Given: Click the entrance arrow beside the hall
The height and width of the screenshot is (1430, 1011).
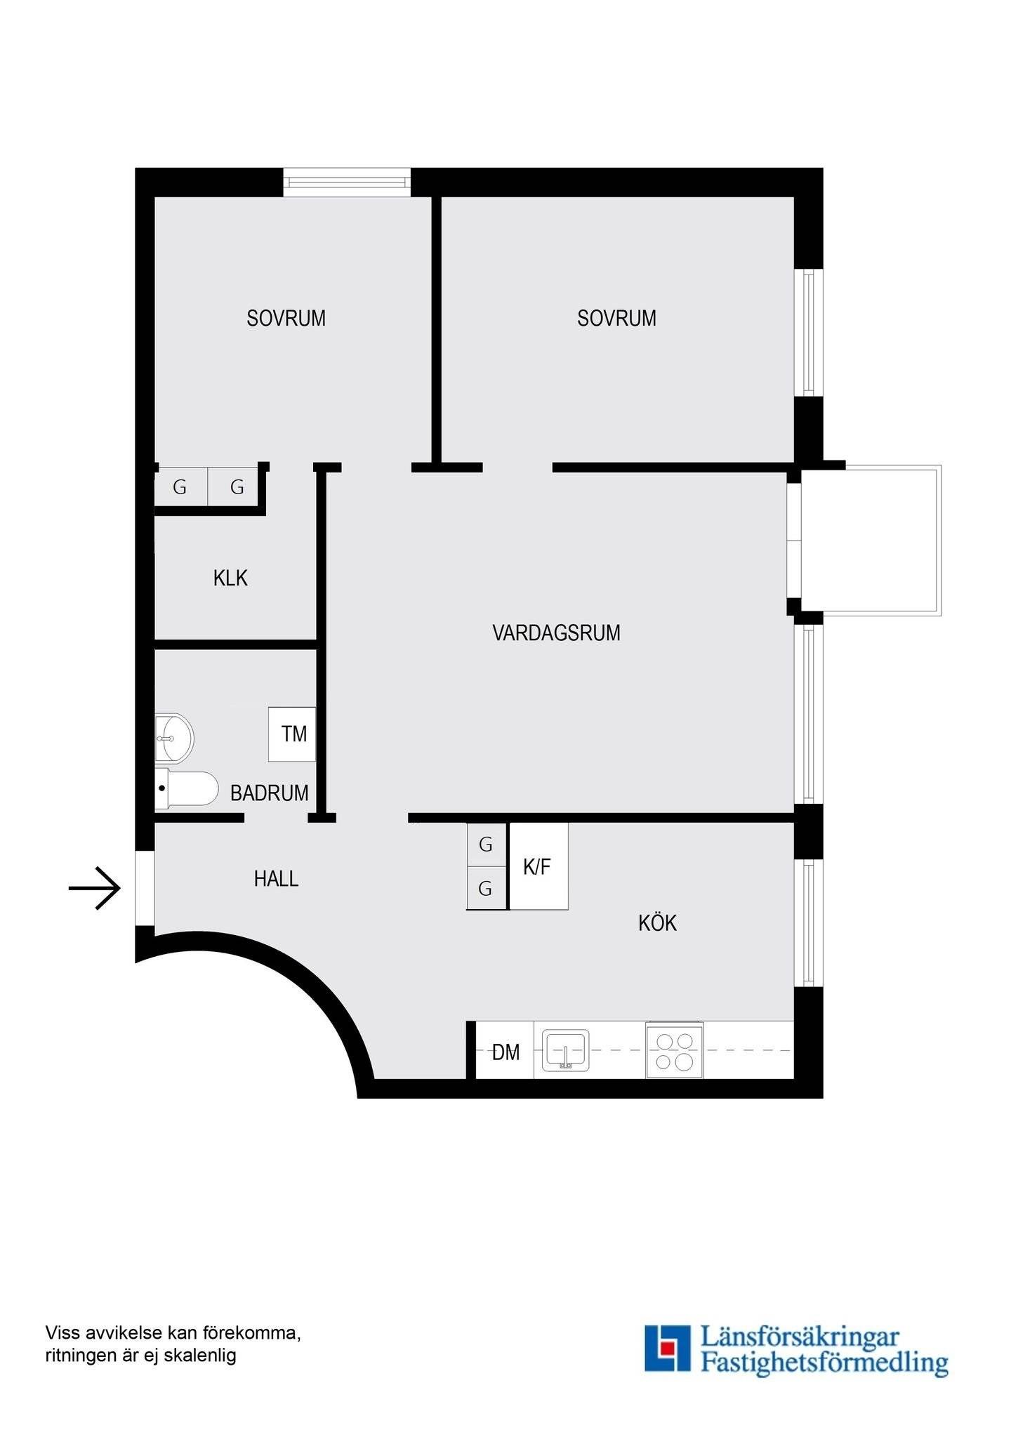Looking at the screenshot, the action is coord(95,888).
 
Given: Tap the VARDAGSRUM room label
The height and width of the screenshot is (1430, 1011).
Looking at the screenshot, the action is coord(556,633).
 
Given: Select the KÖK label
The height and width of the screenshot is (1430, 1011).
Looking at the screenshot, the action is coord(657,922).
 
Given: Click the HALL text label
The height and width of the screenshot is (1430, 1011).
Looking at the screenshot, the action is coord(276,878).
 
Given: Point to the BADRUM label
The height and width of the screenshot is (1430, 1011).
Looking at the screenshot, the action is coord(270,793).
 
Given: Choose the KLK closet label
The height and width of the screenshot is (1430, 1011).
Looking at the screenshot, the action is coord(230,578).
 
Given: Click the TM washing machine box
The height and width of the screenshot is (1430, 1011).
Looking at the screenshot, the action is coord(292,734).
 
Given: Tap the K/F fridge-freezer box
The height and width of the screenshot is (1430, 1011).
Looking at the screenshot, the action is coord(538,866).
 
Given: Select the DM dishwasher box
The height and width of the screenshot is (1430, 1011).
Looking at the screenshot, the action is coord(505,1052).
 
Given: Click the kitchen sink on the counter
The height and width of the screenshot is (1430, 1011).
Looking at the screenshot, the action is coord(567,1051).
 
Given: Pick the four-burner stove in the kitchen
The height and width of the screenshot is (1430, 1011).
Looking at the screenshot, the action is coord(674,1050).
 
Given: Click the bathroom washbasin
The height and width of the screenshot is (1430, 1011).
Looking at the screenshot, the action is coord(173,738).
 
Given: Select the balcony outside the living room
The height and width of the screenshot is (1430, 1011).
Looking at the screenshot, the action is coord(871,540).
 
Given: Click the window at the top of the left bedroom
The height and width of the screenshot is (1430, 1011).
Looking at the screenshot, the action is coord(347,183).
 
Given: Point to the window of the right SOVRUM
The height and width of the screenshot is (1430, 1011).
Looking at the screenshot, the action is coord(809,332).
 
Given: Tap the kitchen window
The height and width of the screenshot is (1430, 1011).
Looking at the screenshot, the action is coord(809,922).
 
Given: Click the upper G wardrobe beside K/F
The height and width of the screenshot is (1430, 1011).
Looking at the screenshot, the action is coord(486,845).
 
